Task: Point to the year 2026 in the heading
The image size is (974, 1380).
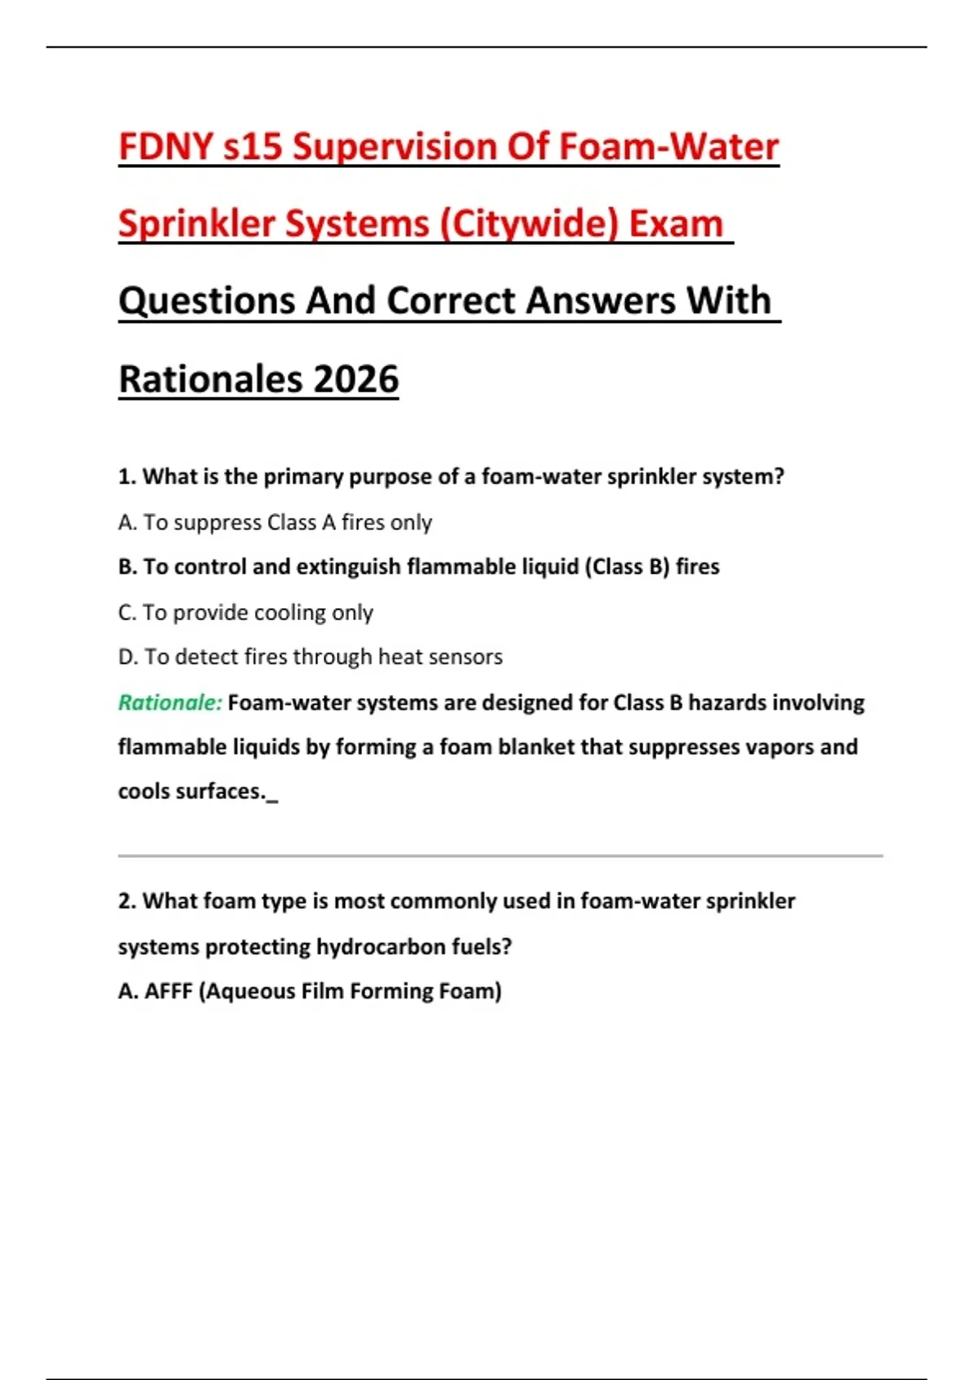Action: [x=356, y=379]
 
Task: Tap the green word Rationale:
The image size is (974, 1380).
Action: [x=170, y=702]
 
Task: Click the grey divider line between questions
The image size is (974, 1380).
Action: [x=500, y=856]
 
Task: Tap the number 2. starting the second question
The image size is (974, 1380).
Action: [x=127, y=901]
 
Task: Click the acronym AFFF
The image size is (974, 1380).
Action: [x=168, y=991]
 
